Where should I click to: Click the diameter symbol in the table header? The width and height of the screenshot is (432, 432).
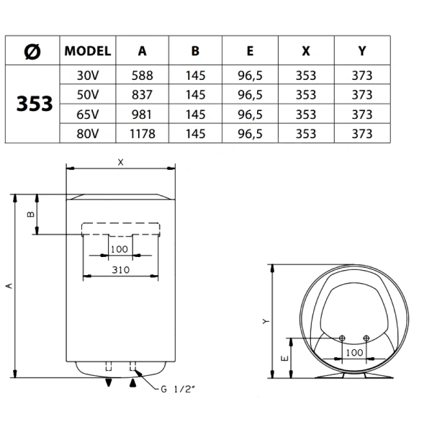[32, 52]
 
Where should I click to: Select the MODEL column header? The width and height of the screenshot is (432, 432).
[88, 51]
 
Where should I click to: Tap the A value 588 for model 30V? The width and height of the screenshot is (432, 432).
[142, 76]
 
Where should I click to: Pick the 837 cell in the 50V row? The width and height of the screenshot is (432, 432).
[142, 95]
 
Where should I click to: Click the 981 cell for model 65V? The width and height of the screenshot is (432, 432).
[142, 114]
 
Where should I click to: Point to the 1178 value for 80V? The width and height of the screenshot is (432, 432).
[143, 134]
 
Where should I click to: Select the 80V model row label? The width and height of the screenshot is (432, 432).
[88, 134]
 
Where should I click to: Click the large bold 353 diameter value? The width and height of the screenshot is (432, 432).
[35, 104]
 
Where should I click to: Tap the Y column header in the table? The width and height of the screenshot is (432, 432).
[362, 51]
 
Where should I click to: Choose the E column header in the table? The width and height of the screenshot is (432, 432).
[250, 51]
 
